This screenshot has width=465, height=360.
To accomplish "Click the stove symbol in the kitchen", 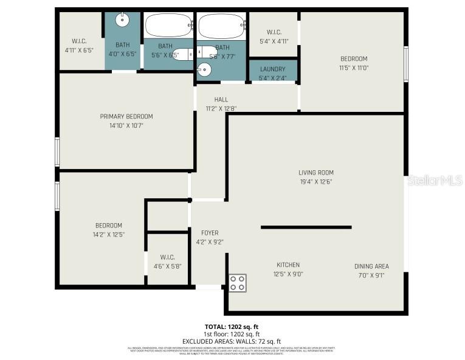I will pos(238,283).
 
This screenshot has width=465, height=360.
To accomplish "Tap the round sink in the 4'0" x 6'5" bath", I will pos(123,19).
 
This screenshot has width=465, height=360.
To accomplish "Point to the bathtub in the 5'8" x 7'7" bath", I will pos(221,26).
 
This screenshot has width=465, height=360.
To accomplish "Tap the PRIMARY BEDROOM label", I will pos(126,116).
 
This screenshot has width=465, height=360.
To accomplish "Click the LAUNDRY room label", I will pos(272,69).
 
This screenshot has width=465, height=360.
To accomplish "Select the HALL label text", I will pos(221,100).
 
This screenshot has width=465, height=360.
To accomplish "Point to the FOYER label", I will pos(210,233).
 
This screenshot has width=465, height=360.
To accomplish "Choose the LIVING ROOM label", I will pos(315,172).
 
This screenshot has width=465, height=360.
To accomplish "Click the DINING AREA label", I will pos(371,266).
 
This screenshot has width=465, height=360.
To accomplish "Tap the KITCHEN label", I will pos(288,265).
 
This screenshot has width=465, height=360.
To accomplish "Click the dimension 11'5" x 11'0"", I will pos(354,68).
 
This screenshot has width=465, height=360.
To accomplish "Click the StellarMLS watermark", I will pos(434,180).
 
